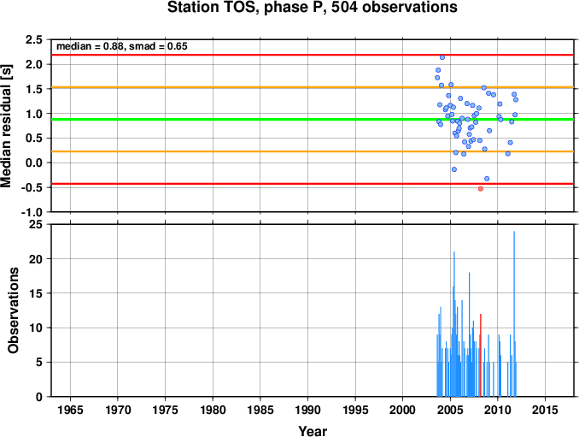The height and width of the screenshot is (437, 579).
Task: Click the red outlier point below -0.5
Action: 481,188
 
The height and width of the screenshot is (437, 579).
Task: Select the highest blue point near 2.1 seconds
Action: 442,57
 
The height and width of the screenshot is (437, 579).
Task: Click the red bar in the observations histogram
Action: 481,355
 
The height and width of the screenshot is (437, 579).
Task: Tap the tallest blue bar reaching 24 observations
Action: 514,314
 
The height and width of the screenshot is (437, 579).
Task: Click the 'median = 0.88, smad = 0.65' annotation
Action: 122,46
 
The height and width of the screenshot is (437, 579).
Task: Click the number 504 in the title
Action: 344,7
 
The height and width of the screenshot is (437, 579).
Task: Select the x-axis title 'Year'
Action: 313,431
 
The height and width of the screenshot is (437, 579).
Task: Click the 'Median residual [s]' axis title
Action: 6,126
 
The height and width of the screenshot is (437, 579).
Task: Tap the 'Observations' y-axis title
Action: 14,310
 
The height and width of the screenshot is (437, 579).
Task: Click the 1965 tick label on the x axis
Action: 70,410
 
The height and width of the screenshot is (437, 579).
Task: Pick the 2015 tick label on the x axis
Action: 545,410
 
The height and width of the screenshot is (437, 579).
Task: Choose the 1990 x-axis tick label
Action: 307,410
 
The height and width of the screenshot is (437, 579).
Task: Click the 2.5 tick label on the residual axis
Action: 33,39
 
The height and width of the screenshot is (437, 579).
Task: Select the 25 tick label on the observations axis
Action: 36,224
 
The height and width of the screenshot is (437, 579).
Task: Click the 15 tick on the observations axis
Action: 36,293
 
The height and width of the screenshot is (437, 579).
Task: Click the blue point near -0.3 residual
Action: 487,179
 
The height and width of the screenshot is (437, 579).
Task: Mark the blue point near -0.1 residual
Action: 453,169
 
